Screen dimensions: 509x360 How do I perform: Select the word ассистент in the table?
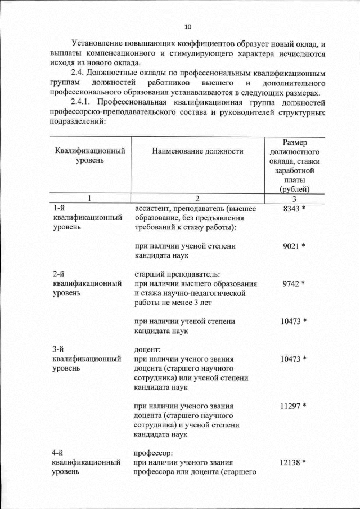152,209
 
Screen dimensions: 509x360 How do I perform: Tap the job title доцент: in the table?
147,349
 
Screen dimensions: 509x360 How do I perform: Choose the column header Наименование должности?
197,151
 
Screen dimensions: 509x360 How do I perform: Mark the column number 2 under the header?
197,199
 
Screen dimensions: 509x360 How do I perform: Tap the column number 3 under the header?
294,199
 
